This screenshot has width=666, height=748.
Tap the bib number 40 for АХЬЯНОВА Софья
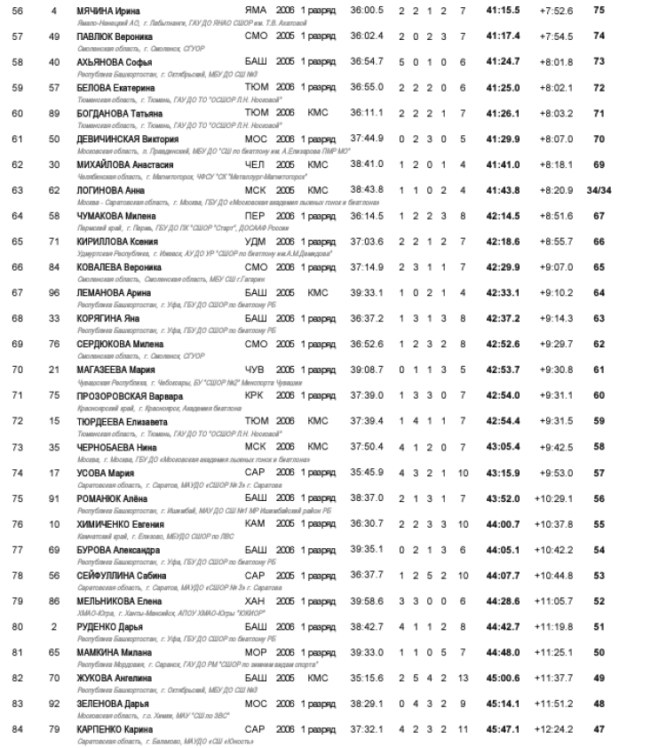coord(55,61)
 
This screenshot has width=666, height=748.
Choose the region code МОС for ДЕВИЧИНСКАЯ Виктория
coord(256,139)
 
